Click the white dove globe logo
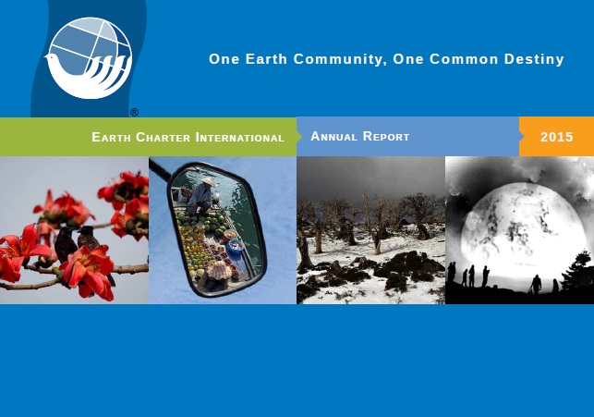(89, 58)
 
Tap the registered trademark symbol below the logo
(134, 112)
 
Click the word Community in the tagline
(340, 59)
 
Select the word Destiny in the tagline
(534, 59)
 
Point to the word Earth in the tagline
(266, 59)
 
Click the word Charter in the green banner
(163, 137)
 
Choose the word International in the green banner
(240, 137)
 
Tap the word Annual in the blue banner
(333, 136)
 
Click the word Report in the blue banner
(386, 136)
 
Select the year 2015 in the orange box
(556, 137)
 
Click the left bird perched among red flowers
(66, 244)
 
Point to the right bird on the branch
(91, 242)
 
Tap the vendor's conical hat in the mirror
(208, 181)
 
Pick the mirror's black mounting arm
(161, 169)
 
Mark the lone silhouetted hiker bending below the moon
(536, 285)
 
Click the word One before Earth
(224, 59)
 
